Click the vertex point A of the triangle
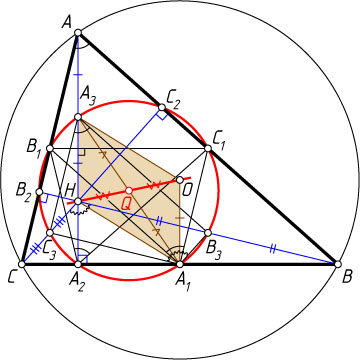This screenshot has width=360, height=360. (78, 33)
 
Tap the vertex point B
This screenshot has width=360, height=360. (338, 264)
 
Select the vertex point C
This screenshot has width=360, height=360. (22, 264)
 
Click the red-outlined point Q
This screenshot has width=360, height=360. (129, 191)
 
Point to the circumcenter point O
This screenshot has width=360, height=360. (180, 180)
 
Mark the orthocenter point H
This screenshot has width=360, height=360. (78, 201)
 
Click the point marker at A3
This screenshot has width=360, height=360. (78, 117)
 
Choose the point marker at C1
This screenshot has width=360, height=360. (208, 148)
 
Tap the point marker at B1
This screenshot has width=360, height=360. (50, 148)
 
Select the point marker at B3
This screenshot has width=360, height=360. (208, 233)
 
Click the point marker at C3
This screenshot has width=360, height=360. (50, 233)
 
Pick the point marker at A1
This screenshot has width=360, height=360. (180, 264)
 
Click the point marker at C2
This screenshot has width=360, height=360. (162, 107)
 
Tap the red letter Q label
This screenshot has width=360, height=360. (125, 204)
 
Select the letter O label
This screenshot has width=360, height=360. (186, 191)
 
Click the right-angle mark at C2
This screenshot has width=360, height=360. (162, 115)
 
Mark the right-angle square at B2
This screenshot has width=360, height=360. (43, 199)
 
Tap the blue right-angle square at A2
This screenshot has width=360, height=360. (83, 260)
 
